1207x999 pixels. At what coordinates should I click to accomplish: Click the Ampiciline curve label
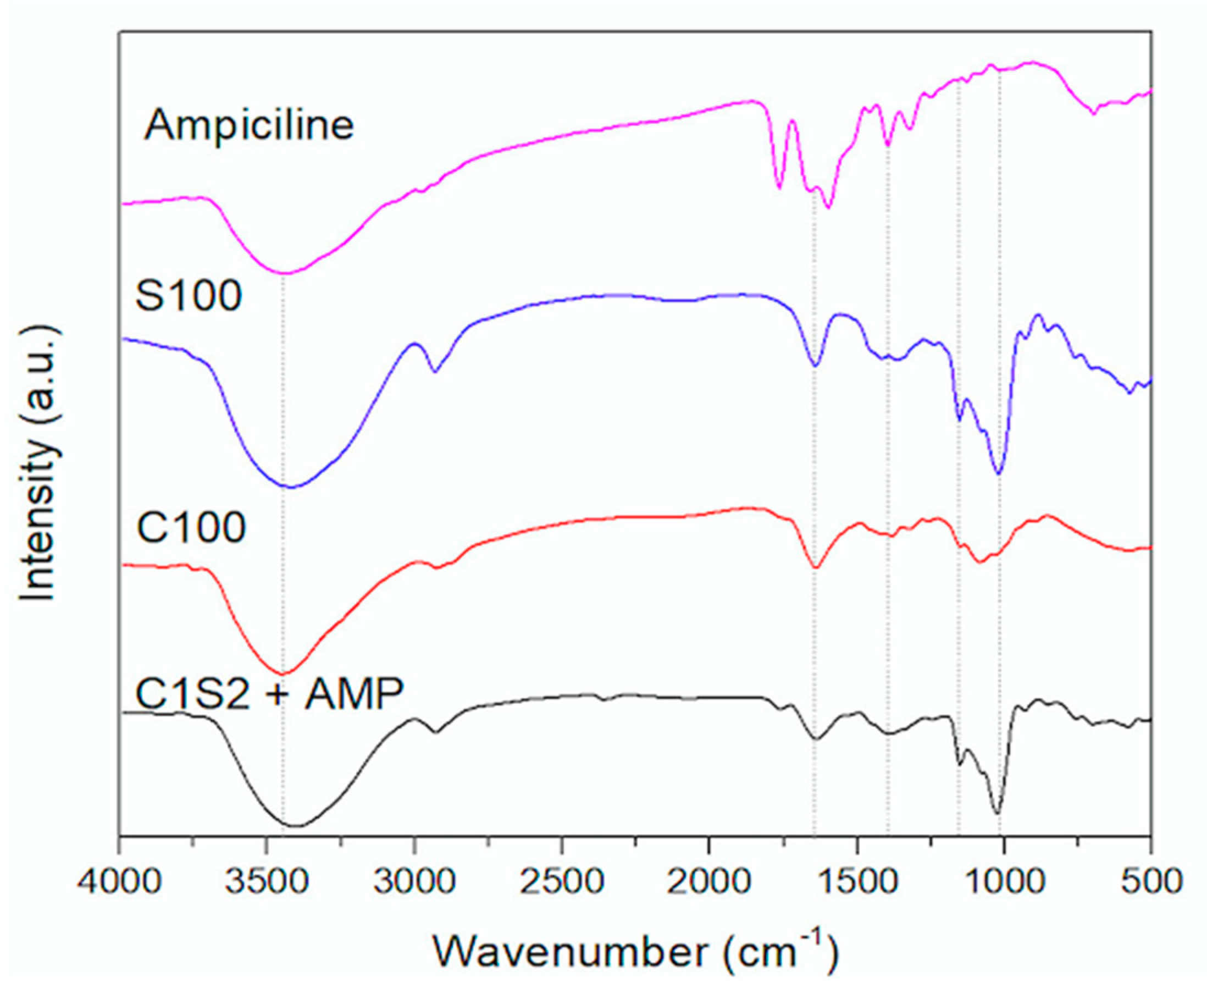point(248,125)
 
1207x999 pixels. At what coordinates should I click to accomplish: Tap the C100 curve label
point(191,527)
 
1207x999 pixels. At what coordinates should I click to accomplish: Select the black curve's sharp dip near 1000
point(997,813)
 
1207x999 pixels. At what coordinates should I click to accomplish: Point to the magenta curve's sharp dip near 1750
point(779,187)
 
